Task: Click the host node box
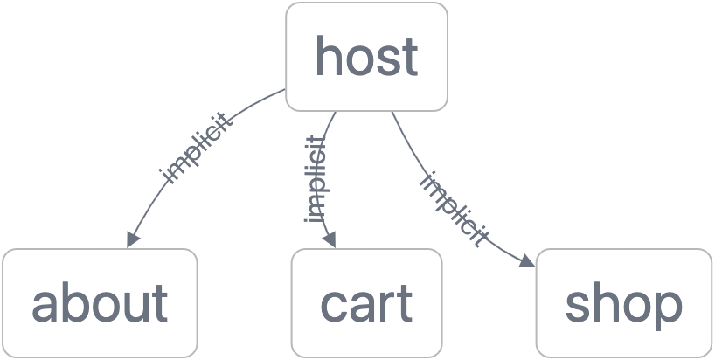pyautogui.click(x=366, y=57)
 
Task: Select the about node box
pyautogui.click(x=100, y=303)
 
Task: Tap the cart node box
pyautogui.click(x=366, y=303)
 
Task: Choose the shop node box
pyautogui.click(x=624, y=303)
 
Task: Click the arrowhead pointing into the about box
pyautogui.click(x=133, y=239)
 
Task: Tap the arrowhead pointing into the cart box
pyautogui.click(x=330, y=240)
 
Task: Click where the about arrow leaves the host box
pyautogui.click(x=286, y=89)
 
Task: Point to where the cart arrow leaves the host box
pyautogui.click(x=336, y=112)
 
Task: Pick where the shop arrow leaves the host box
pyautogui.click(x=392, y=112)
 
